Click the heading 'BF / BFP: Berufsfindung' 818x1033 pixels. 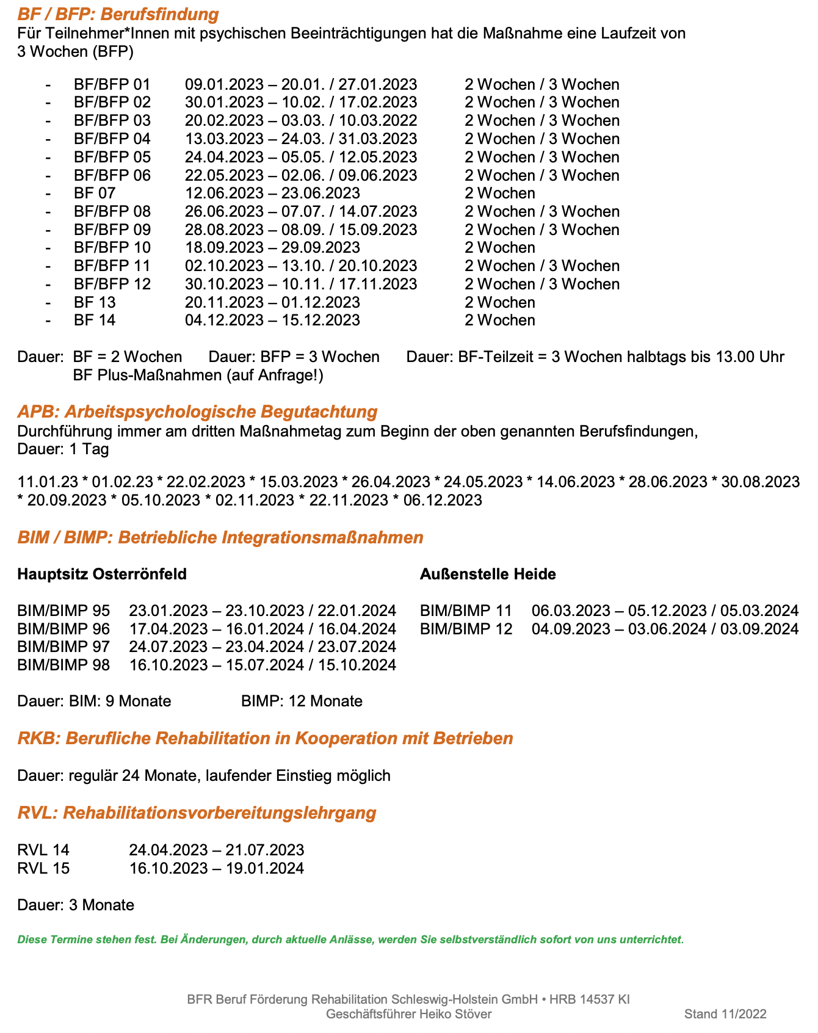pyautogui.click(x=118, y=14)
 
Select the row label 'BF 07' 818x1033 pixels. pyautogui.click(x=95, y=194)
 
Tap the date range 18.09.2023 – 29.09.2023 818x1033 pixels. pyautogui.click(x=272, y=248)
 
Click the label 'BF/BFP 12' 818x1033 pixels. pyautogui.click(x=112, y=285)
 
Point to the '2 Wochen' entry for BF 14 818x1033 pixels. pyautogui.click(x=499, y=321)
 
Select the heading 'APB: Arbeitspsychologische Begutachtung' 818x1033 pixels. pyautogui.click(x=197, y=411)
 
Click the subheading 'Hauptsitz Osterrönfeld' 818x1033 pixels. pyautogui.click(x=102, y=574)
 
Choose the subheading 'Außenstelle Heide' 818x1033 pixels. pyautogui.click(x=488, y=574)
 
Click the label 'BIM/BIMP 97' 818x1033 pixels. pyautogui.click(x=63, y=647)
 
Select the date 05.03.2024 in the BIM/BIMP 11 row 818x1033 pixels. pyautogui.click(x=759, y=611)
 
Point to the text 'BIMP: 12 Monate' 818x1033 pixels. pyautogui.click(x=302, y=701)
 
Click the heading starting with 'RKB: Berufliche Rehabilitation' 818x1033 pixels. pyautogui.click(x=265, y=739)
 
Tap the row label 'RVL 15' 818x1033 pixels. pyautogui.click(x=43, y=869)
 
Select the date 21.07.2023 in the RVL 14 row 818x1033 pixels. pyautogui.click(x=264, y=850)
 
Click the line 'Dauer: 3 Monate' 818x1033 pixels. pyautogui.click(x=76, y=905)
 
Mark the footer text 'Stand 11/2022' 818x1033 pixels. pyautogui.click(x=725, y=1014)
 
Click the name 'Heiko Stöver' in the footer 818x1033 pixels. pyautogui.click(x=455, y=1014)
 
